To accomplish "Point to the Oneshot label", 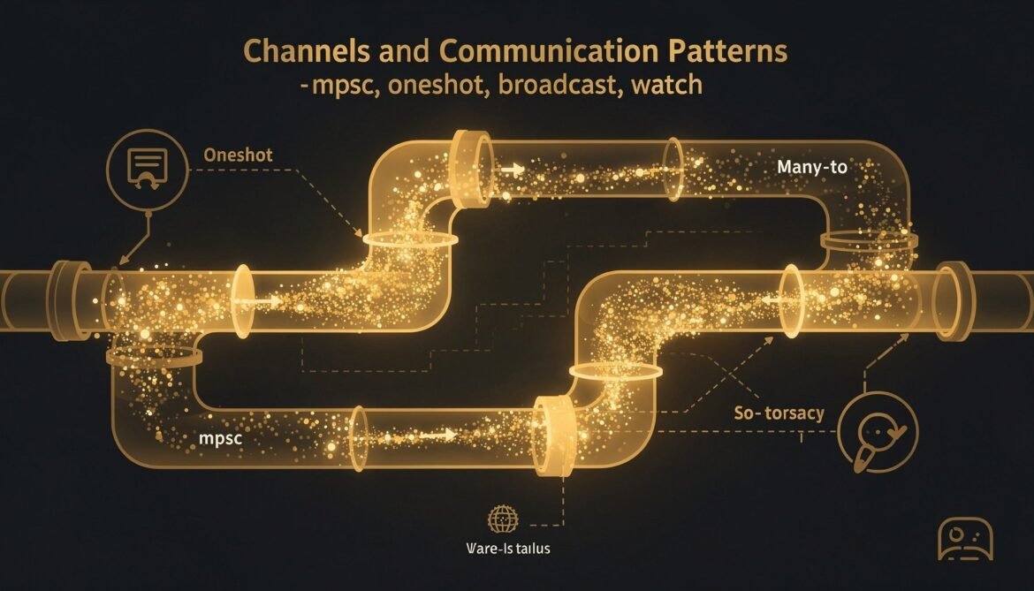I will [x=238, y=155].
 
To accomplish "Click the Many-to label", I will [x=811, y=167].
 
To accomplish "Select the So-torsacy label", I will [x=779, y=413].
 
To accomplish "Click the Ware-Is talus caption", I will [x=507, y=549].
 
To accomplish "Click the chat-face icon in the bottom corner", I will [x=965, y=538].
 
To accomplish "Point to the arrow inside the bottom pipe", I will [x=439, y=434].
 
